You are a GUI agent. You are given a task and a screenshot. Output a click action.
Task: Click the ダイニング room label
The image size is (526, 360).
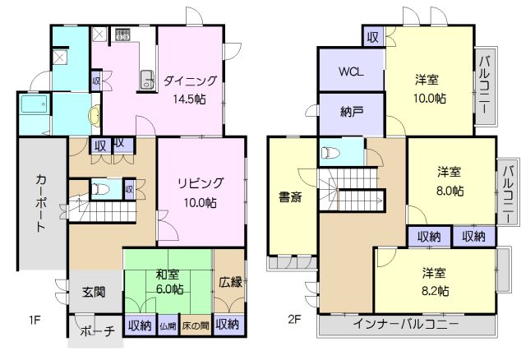tap(190, 81)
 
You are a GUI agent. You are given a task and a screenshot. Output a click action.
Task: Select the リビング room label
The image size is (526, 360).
tap(201, 182)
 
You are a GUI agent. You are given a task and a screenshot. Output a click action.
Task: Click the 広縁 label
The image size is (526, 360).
tap(229, 281)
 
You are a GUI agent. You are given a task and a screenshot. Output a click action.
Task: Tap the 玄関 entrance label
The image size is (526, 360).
tap(94, 291)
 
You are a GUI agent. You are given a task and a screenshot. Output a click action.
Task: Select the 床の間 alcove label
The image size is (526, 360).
tap(196, 325)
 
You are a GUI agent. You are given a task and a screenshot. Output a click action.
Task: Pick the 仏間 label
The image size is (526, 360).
tap(167, 325)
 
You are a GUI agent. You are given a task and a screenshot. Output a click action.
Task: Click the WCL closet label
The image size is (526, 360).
tap(350, 71)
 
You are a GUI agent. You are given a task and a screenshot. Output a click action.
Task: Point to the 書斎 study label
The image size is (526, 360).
tap(288, 196)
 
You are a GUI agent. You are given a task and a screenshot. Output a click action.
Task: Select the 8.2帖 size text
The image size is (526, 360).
tap(436, 290)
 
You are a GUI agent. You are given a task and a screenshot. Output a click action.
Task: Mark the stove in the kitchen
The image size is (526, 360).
tap(123, 35)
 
